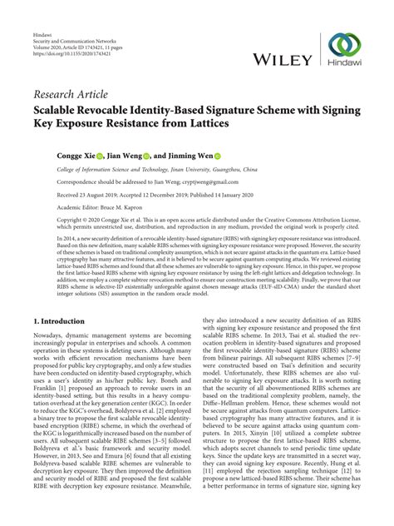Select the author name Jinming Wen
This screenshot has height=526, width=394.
tap(188, 155)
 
